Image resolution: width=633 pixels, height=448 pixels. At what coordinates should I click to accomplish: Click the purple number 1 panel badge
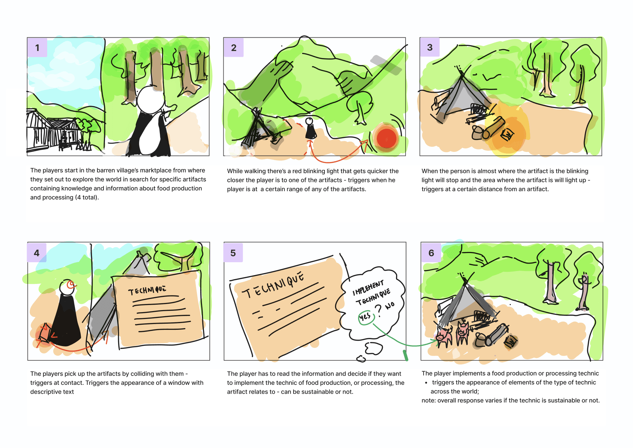37,48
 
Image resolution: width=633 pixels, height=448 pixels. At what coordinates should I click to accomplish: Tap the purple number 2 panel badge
234,48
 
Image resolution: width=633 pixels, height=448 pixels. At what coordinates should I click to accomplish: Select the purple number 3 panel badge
430,47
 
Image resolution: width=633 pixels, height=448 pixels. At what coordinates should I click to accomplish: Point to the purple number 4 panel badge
37,253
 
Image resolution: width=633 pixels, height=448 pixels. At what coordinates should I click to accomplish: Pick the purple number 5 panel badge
233,253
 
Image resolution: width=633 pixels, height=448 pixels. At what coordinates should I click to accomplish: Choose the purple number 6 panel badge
431,253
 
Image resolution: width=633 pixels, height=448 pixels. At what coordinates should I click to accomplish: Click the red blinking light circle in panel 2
387,138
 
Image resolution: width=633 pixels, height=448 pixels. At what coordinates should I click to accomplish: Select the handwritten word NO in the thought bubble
390,305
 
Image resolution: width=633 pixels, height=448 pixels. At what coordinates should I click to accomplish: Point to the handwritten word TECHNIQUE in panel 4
147,290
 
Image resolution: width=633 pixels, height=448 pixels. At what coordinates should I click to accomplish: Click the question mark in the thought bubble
379,310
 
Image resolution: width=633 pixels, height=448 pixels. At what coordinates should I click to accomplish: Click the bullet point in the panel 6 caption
426,382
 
